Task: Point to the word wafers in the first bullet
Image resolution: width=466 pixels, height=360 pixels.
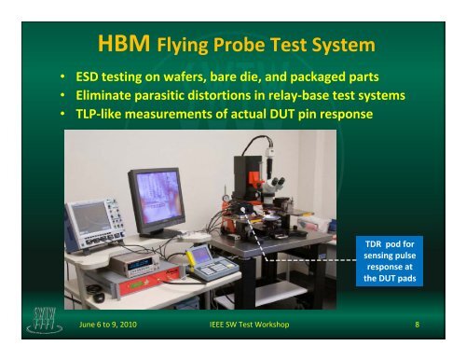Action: click(x=190, y=76)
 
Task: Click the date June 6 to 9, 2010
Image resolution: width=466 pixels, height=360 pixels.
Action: click(x=103, y=324)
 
